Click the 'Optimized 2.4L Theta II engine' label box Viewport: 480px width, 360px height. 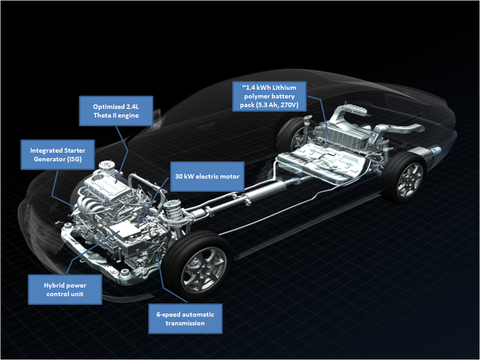(x=116, y=111)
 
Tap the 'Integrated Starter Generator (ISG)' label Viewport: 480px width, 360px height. (x=58, y=155)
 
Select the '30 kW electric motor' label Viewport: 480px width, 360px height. (x=207, y=176)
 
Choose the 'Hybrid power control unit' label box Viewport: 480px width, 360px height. (x=65, y=290)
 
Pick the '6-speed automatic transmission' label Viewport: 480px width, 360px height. (x=185, y=319)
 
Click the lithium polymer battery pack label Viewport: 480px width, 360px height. (x=269, y=96)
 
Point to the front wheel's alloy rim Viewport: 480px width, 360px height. (x=204, y=269)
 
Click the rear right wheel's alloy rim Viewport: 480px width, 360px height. (x=410, y=180)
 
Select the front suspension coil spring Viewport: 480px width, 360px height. (x=174, y=214)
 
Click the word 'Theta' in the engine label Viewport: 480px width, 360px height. (x=103, y=115)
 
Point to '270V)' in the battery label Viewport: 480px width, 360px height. (x=290, y=105)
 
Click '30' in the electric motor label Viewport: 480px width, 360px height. (x=179, y=176)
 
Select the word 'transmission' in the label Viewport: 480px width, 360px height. (x=185, y=323)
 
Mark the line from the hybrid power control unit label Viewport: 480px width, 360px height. (x=93, y=252)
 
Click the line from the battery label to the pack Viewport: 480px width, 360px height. (x=318, y=116)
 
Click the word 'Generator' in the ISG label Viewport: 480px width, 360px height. (x=49, y=159)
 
